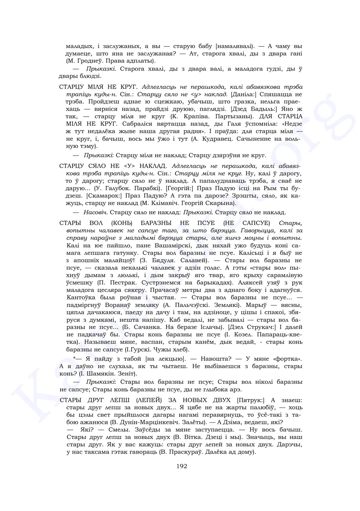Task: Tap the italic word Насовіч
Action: [96, 212]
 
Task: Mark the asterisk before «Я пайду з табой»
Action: [75, 359]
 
